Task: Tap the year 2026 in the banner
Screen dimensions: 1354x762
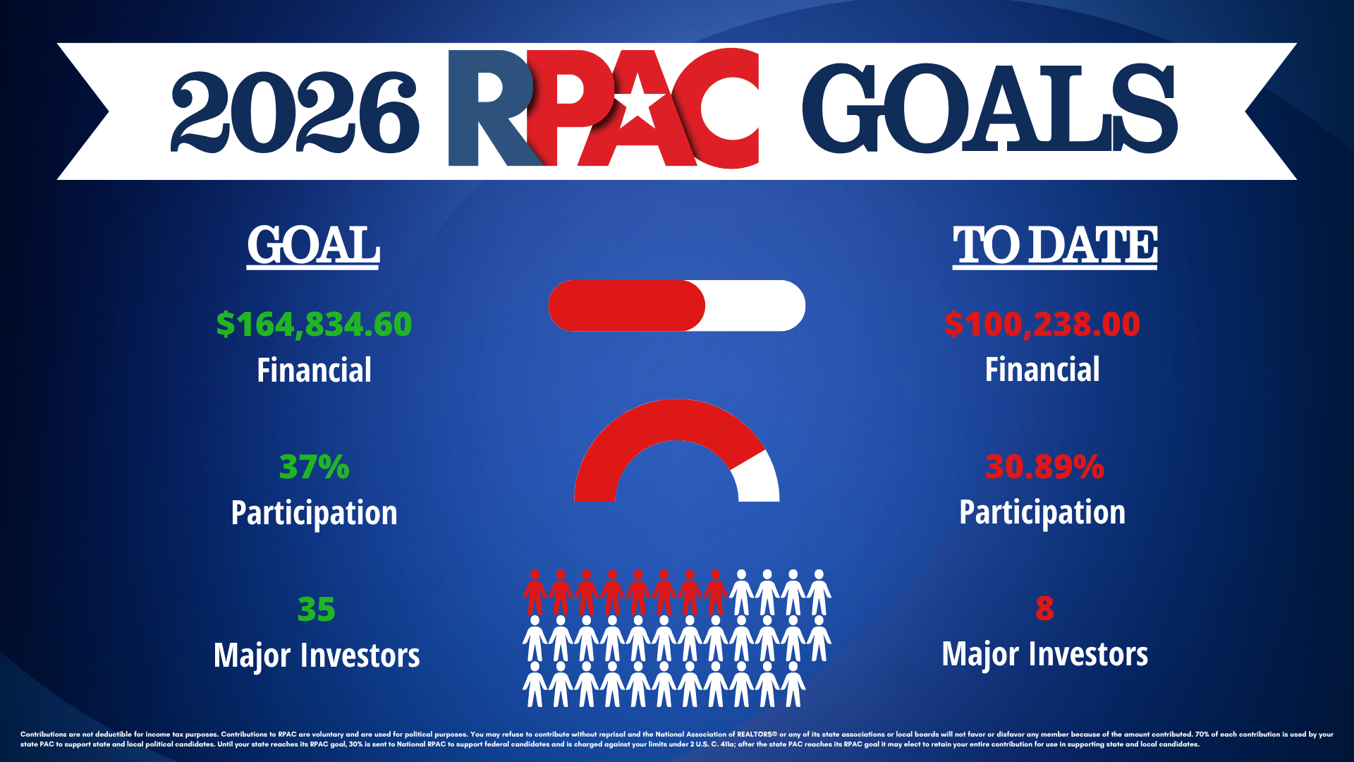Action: point(295,111)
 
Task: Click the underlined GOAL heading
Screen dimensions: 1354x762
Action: point(313,246)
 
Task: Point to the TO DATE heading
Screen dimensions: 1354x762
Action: point(1055,246)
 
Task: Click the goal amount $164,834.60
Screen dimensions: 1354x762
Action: point(314,324)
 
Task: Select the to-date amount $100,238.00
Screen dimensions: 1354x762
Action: point(1042,324)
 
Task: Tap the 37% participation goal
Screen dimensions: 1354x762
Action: point(314,466)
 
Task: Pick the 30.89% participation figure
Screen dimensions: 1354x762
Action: point(1044,466)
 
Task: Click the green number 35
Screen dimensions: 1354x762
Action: point(316,609)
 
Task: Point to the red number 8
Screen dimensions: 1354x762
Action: point(1044,608)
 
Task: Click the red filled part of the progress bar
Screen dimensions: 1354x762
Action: point(626,306)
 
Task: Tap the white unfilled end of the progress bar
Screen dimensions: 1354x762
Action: point(755,306)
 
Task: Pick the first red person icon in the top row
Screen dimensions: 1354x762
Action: point(535,593)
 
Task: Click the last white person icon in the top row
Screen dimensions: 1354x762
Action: point(819,593)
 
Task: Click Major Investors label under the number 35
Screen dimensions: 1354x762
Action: point(317,655)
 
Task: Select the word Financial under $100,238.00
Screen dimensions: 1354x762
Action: point(1042,370)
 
